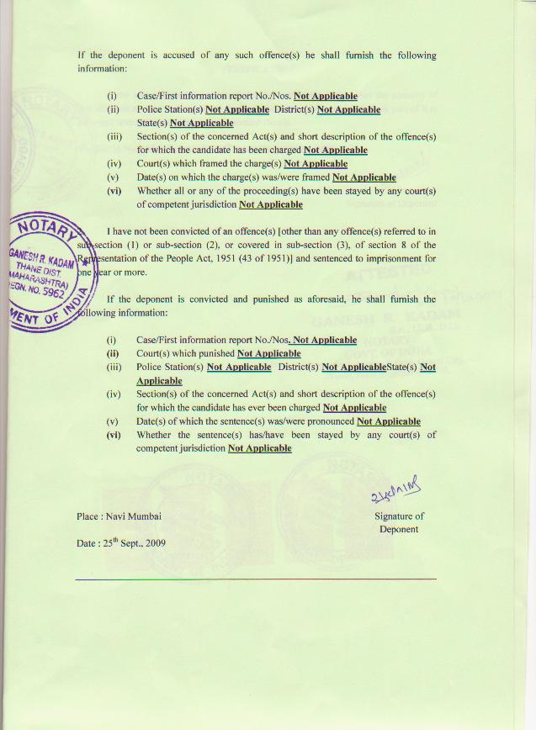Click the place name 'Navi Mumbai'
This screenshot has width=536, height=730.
tap(133, 516)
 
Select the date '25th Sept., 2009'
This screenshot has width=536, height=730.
tap(134, 542)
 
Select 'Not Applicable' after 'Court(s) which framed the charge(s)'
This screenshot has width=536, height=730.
tap(316, 163)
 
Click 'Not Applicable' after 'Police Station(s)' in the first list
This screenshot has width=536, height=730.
tap(236, 109)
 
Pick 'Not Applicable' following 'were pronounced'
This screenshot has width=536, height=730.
tap(388, 421)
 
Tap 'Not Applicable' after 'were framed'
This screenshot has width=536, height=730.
tap(364, 177)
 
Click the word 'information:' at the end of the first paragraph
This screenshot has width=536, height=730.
tap(102, 68)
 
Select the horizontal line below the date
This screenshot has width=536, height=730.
tap(256, 579)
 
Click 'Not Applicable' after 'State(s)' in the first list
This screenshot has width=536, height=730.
tap(201, 123)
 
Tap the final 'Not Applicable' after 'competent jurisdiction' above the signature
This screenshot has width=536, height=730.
tap(259, 448)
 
